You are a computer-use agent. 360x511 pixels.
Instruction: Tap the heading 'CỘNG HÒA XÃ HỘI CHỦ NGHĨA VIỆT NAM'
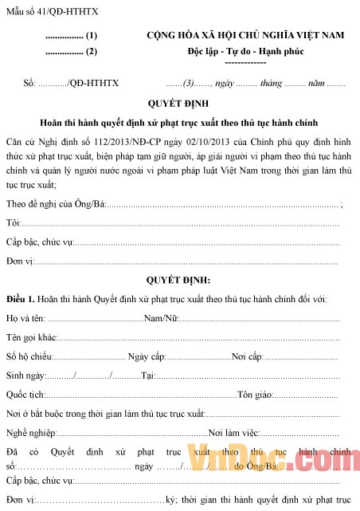pyautogui.click(x=245, y=35)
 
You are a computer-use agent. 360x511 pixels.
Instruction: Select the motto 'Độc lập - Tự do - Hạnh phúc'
pyautogui.click(x=245, y=51)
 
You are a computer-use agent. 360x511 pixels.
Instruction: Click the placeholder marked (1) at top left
pyautogui.click(x=72, y=36)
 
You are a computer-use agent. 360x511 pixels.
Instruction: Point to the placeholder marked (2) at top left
pyautogui.click(x=72, y=52)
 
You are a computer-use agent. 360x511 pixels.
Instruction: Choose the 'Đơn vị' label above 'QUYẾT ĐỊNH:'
pyautogui.click(x=19, y=260)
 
